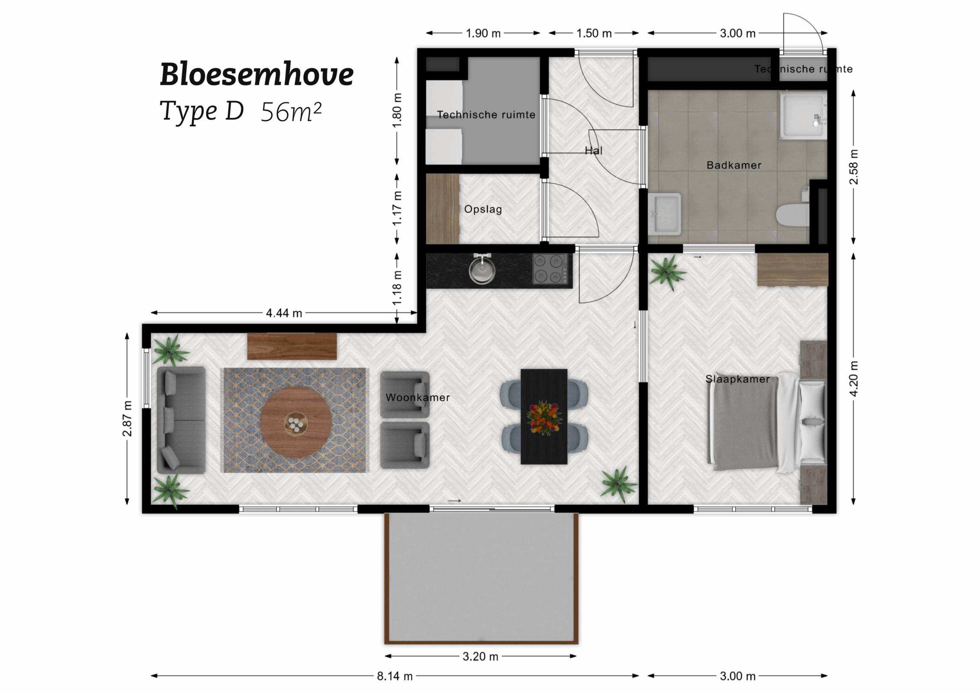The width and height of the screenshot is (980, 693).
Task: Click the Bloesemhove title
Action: pos(256,74)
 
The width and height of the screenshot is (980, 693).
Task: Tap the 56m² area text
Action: pos(291,112)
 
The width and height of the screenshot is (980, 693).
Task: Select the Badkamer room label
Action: pos(733,165)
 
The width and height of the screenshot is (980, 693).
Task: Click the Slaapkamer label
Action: pos(737,379)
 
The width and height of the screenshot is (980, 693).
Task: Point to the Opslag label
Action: pos(483,209)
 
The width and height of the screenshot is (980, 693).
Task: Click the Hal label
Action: pos(593,151)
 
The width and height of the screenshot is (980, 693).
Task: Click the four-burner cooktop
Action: pos(550,269)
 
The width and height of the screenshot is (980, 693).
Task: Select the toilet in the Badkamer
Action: pos(792,215)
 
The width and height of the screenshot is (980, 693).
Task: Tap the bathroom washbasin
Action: pos(665,214)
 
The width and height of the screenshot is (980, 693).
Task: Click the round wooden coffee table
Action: pos(296,421)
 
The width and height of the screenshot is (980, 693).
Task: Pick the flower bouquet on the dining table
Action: pos(544,418)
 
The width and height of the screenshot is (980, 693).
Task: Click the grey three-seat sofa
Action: pos(181,420)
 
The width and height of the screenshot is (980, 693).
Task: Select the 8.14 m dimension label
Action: pos(394,676)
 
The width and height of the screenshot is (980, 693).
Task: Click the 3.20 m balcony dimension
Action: pos(480,657)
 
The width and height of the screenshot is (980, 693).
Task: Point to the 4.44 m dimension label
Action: pos(284,313)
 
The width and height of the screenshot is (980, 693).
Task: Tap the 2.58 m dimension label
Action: pos(853,167)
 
